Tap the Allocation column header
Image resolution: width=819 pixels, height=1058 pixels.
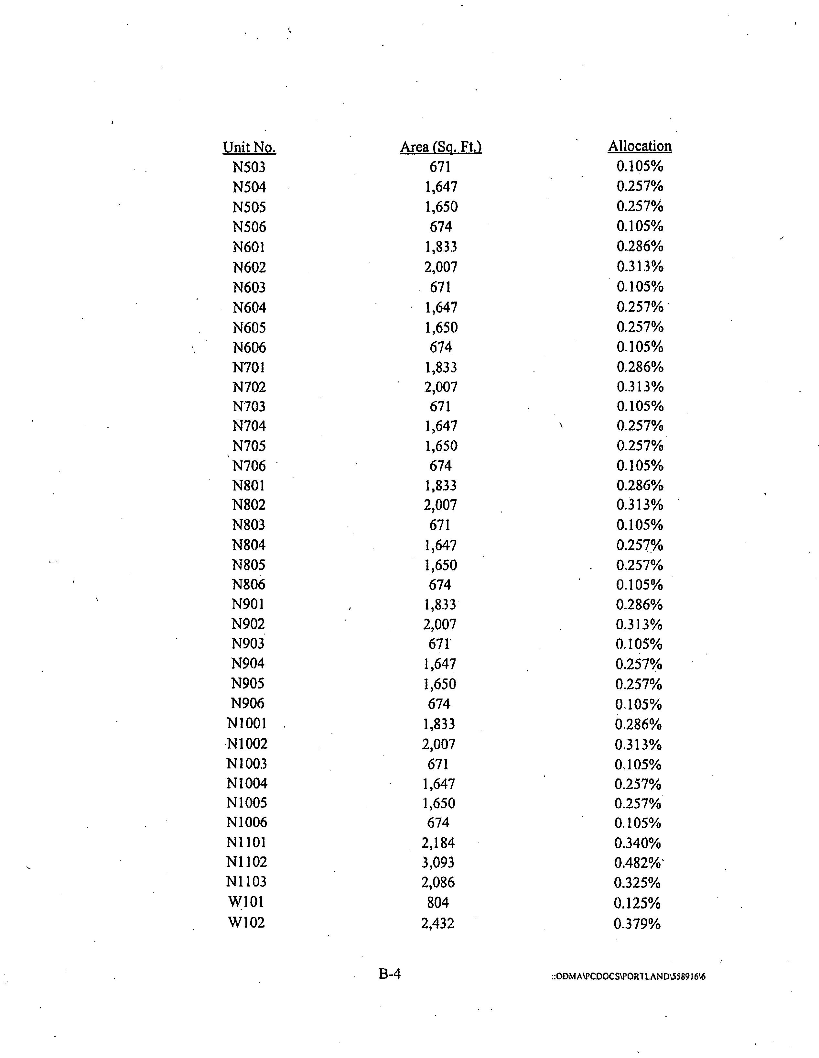click(640, 146)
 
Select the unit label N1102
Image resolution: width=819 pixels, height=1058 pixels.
click(246, 862)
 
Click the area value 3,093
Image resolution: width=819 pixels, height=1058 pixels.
click(438, 862)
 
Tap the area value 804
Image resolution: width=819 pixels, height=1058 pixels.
click(438, 902)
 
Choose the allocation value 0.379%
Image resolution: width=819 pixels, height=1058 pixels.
click(637, 923)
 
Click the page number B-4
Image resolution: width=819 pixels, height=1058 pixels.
click(390, 974)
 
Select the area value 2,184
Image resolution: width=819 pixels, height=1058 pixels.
click(438, 843)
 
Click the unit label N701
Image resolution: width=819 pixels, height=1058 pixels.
click(249, 367)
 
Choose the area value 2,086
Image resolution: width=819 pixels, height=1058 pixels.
click(438, 882)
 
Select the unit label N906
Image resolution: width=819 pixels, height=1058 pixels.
click(247, 703)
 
